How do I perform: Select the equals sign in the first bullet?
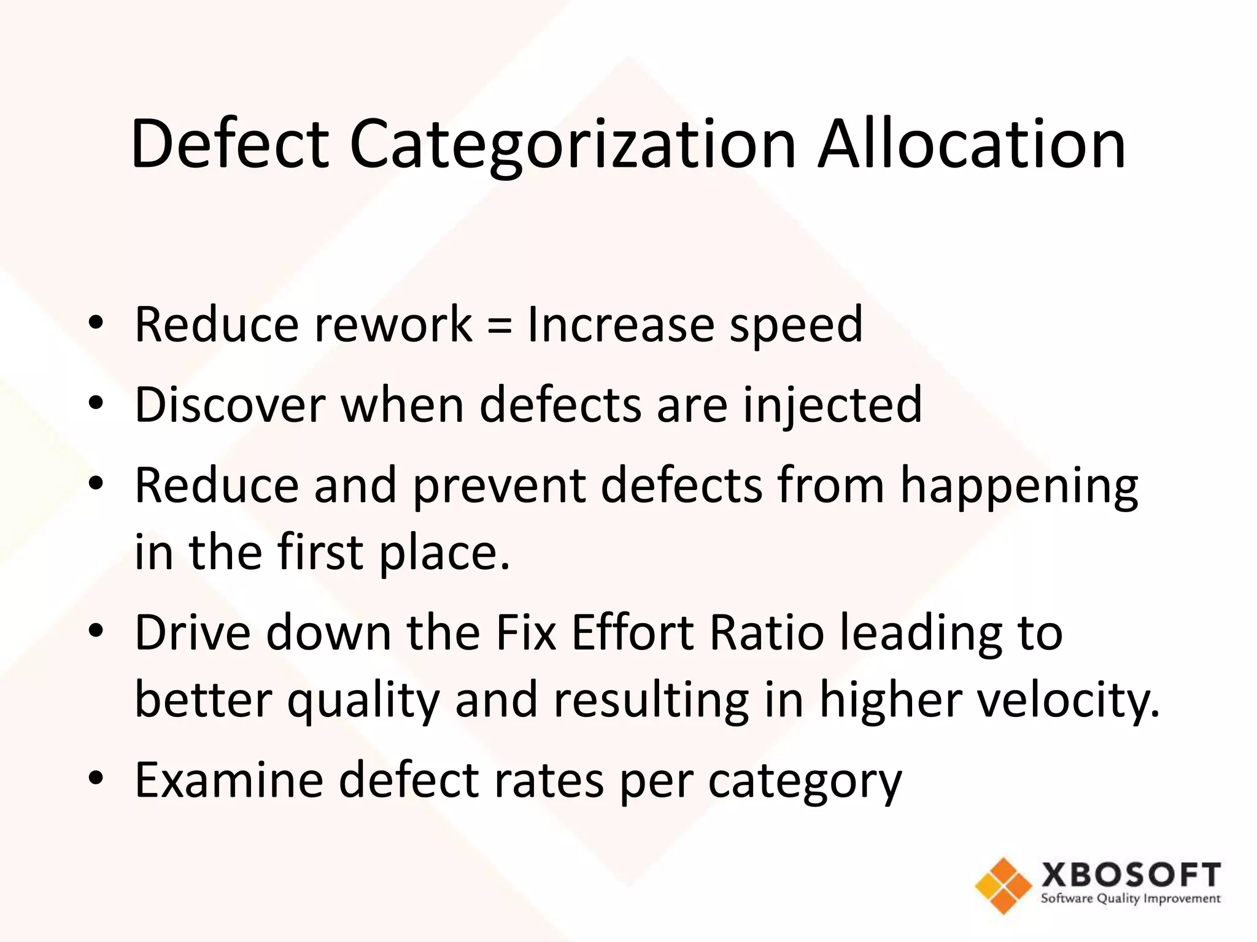coord(500,325)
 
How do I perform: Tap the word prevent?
coord(498,486)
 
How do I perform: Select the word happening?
coord(1018,486)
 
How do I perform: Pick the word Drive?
coord(192,632)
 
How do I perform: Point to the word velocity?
coord(1067,700)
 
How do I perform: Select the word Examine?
coord(228,779)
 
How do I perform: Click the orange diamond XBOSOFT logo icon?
coord(1003,885)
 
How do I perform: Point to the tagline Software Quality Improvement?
coord(1130,899)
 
